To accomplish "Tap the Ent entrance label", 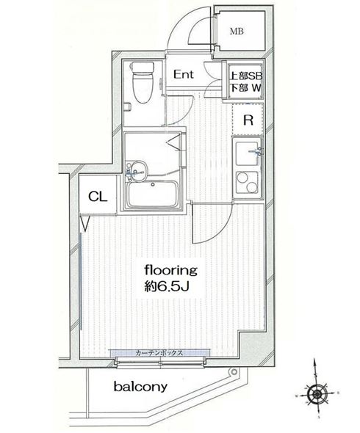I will click(x=184, y=74).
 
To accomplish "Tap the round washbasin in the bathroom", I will click(x=137, y=170).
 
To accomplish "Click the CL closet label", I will click(x=96, y=196).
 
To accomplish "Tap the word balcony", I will click(x=140, y=387).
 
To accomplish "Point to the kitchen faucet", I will click(x=256, y=152).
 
